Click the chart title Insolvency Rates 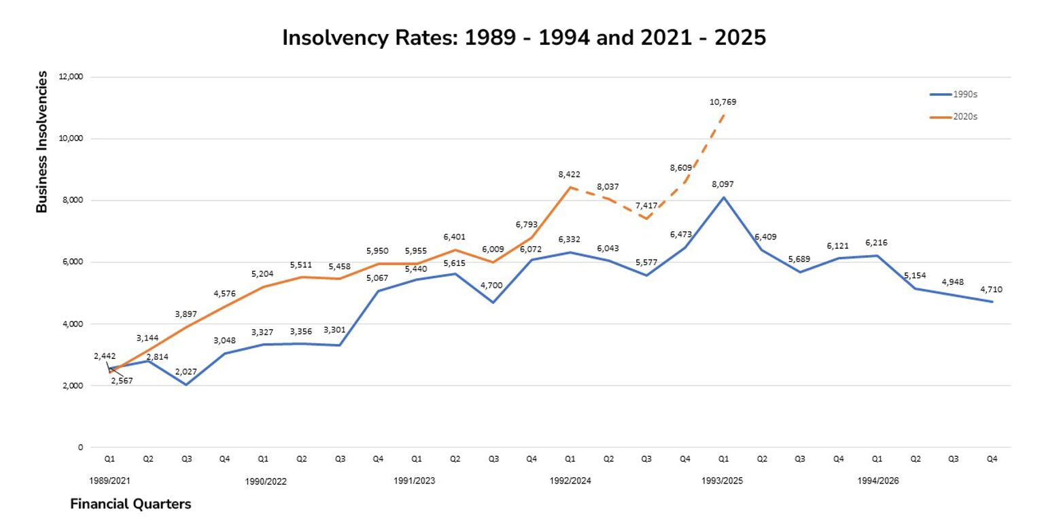pos(523,37)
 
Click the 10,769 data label pos(723,103)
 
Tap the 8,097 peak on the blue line pos(724,197)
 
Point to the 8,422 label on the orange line pos(569,175)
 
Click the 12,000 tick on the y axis pos(71,77)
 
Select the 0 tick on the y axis pos(80,447)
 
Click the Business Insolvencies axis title pos(42,141)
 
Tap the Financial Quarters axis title pos(131,504)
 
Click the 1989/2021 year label pos(109,481)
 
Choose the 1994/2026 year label pos(877,481)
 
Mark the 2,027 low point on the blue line pos(186,385)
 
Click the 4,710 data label pos(991,290)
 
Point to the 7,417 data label pos(646,206)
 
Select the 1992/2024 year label pos(570,481)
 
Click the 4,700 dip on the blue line pos(493,302)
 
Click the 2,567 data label pos(122,381)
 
